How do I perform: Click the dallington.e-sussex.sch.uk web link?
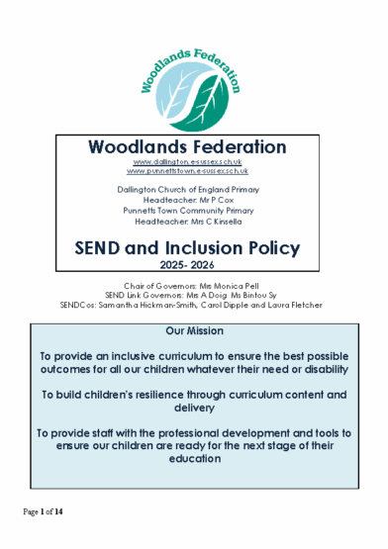tap(194, 161)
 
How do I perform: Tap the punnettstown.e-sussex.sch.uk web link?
tap(194, 171)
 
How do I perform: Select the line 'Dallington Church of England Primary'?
tap(194, 188)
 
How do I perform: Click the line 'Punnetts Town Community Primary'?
tap(194, 209)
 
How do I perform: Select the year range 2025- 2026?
tap(194, 266)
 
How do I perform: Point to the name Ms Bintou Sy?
tap(256, 294)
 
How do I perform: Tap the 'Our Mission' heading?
tap(194, 329)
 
